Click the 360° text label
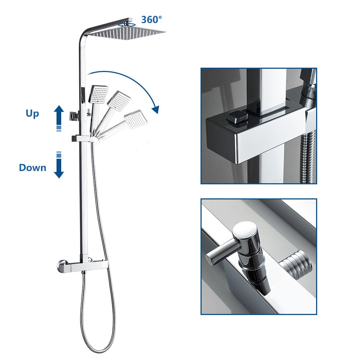(x=152, y=19)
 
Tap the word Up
(x=32, y=113)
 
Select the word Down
(x=32, y=167)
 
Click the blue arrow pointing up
(x=59, y=114)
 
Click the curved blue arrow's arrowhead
(x=156, y=109)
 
